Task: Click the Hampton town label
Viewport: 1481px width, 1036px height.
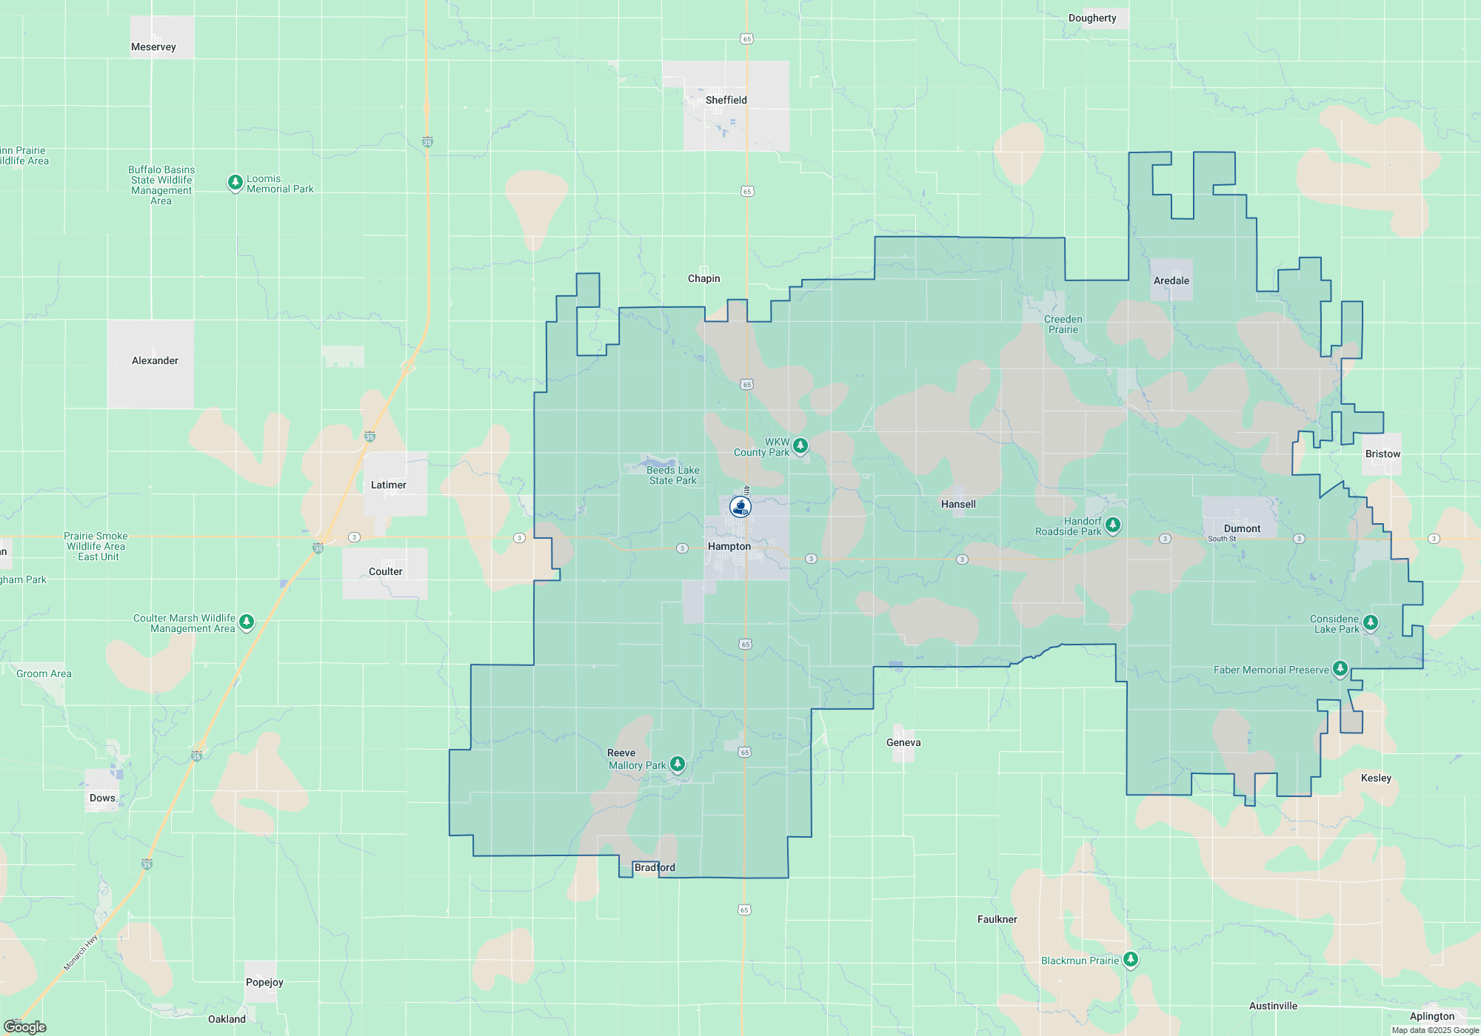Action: pyautogui.click(x=729, y=546)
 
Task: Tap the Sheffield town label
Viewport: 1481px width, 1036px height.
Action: pyautogui.click(x=726, y=100)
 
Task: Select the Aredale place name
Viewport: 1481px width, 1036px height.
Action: pyautogui.click(x=1171, y=280)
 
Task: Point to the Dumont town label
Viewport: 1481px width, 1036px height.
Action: pyautogui.click(x=1242, y=528)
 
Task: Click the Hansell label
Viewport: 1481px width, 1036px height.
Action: pyautogui.click(x=958, y=504)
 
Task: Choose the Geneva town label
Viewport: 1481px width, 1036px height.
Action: pyautogui.click(x=903, y=742)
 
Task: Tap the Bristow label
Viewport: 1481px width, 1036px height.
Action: pyautogui.click(x=1383, y=454)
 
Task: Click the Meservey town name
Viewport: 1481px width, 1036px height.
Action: pyautogui.click(x=153, y=47)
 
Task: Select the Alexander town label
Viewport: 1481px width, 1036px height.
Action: pyautogui.click(x=155, y=360)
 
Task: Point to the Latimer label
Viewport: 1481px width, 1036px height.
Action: pyautogui.click(x=388, y=485)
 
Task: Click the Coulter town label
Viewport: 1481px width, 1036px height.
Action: pyautogui.click(x=385, y=571)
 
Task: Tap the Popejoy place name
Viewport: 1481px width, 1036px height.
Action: pyautogui.click(x=264, y=982)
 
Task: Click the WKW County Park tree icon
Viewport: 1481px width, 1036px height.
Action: pyautogui.click(x=800, y=445)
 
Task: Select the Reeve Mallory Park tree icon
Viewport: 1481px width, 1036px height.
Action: pyautogui.click(x=677, y=764)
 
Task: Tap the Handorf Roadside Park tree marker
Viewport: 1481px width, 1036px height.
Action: pyautogui.click(x=1112, y=525)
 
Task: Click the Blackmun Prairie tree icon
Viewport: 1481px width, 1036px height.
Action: pyautogui.click(x=1130, y=960)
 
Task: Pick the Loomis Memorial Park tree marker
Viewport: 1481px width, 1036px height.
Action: pyautogui.click(x=235, y=182)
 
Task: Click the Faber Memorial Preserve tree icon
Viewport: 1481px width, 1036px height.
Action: pyautogui.click(x=1340, y=668)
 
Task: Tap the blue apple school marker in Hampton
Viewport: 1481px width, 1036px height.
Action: pyautogui.click(x=740, y=507)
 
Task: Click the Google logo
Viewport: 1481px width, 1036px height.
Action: pyautogui.click(x=25, y=1026)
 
